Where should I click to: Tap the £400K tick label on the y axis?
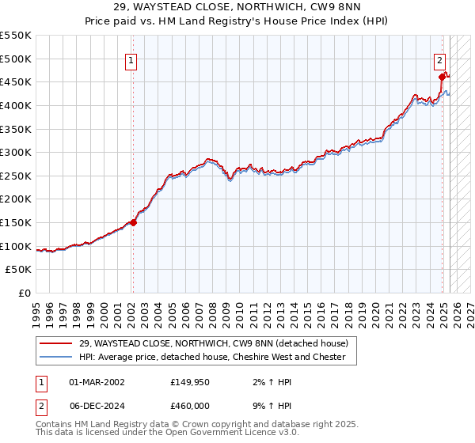click(16, 105)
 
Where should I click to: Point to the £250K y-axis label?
click(16, 176)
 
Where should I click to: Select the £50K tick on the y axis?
click(19, 270)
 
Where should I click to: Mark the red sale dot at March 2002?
click(133, 222)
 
